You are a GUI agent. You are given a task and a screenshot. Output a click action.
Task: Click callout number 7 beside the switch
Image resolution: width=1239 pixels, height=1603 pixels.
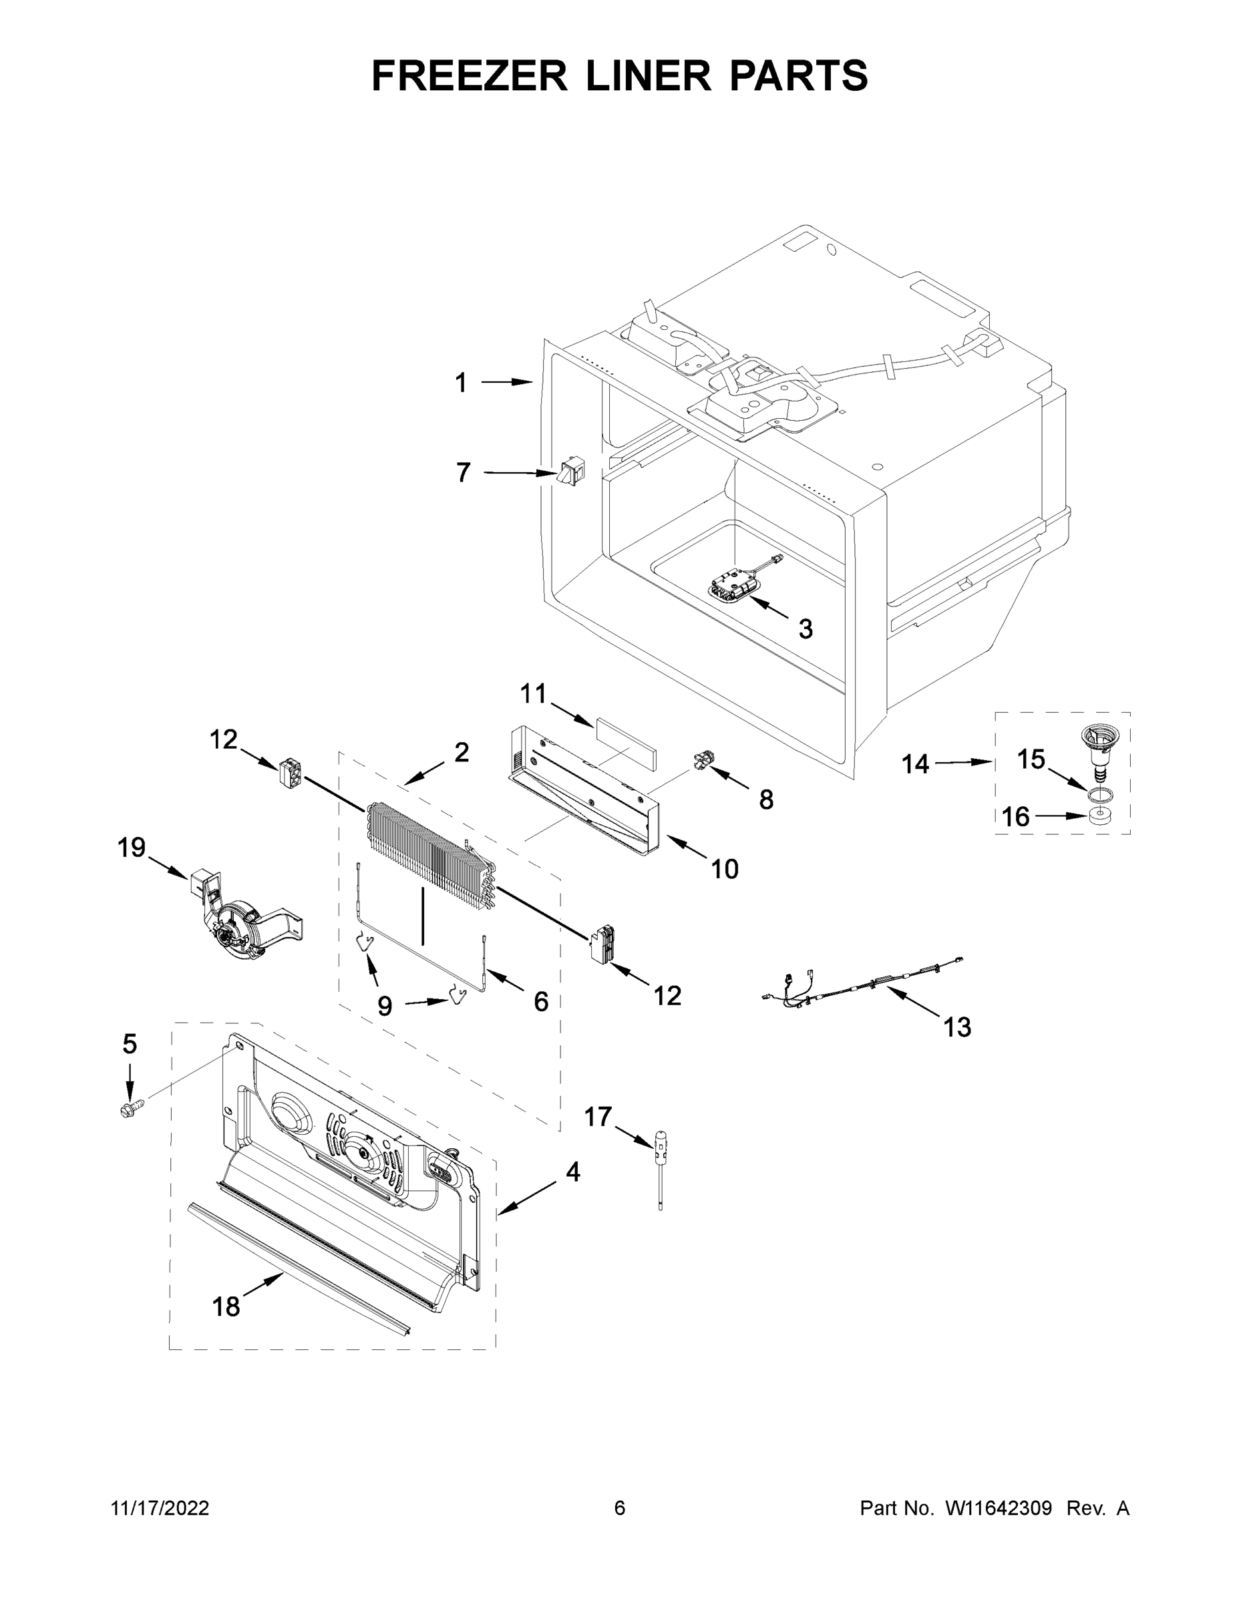coord(462,473)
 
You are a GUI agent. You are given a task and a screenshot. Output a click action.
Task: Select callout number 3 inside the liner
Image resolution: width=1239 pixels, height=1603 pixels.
coord(806,629)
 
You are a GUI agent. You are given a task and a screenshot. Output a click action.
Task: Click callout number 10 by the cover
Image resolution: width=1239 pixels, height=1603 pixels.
coord(725,869)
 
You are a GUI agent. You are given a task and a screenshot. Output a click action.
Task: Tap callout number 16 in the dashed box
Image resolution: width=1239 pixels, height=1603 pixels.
coord(1016,816)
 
